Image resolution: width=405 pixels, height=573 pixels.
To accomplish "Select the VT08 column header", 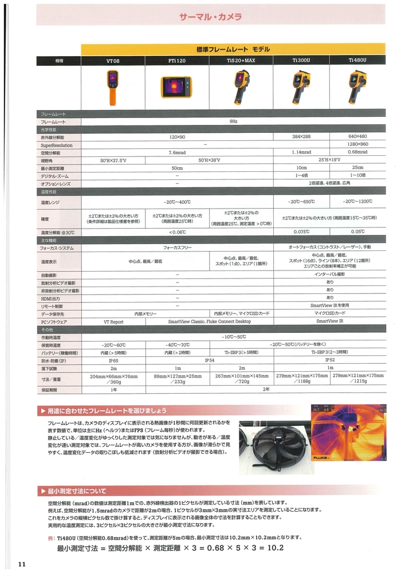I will click(113, 60).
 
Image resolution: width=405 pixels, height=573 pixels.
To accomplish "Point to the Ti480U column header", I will click(357, 60).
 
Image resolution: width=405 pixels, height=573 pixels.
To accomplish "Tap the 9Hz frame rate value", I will click(233, 122).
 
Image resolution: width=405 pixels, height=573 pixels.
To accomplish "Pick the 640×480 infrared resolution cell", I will click(357, 138).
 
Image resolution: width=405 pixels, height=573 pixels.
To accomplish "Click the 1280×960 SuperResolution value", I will click(357, 145).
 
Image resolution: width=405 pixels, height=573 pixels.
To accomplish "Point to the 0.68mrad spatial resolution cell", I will click(357, 152).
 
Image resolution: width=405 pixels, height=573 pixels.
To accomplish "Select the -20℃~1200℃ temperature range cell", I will click(357, 202).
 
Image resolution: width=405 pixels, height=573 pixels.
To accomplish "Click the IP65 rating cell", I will click(113, 362).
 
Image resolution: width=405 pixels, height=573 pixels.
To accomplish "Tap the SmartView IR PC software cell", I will click(329, 322).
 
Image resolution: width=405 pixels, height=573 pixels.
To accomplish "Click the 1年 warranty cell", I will click(113, 389).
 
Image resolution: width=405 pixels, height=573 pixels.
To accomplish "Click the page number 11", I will click(22, 564).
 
